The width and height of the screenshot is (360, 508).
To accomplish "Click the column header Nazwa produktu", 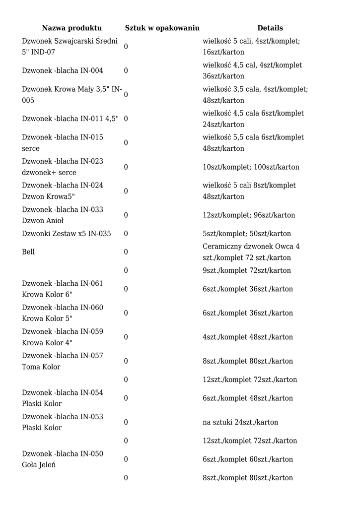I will pyautogui.click(x=72, y=28).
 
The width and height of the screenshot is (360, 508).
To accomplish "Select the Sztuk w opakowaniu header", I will pyautogui.click(x=162, y=28).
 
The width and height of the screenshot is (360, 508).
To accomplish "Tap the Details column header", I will pyautogui.click(x=270, y=28).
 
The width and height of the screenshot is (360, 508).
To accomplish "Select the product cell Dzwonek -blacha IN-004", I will pyautogui.click(x=63, y=70).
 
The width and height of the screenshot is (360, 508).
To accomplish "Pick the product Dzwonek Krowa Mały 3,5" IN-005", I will pyautogui.click(x=72, y=95).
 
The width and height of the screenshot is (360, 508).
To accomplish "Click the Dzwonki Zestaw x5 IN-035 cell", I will pyautogui.click(x=67, y=234).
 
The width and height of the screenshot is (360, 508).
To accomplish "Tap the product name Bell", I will pyautogui.click(x=28, y=252).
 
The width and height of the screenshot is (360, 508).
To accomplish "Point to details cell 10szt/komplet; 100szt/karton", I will pyautogui.click(x=251, y=167).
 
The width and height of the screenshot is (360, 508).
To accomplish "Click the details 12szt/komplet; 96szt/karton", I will pyautogui.click(x=249, y=215).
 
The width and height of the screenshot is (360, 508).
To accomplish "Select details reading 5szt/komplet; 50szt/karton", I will pyautogui.click(x=247, y=234).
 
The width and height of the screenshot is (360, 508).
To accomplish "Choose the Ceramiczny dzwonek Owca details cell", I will pyautogui.click(x=251, y=252).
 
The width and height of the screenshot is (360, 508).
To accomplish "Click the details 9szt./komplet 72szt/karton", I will pyautogui.click(x=247, y=270).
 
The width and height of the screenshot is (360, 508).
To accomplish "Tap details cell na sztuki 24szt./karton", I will pyautogui.click(x=240, y=422).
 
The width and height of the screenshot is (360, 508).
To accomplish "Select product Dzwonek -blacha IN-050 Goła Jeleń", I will pyautogui.click(x=63, y=459).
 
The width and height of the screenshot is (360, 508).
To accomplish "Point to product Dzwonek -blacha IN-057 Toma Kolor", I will pyautogui.click(x=63, y=361).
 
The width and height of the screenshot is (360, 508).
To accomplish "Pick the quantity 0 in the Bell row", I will pyautogui.click(x=126, y=252).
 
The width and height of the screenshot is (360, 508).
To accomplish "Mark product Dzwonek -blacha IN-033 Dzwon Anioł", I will pyautogui.click(x=63, y=215).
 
